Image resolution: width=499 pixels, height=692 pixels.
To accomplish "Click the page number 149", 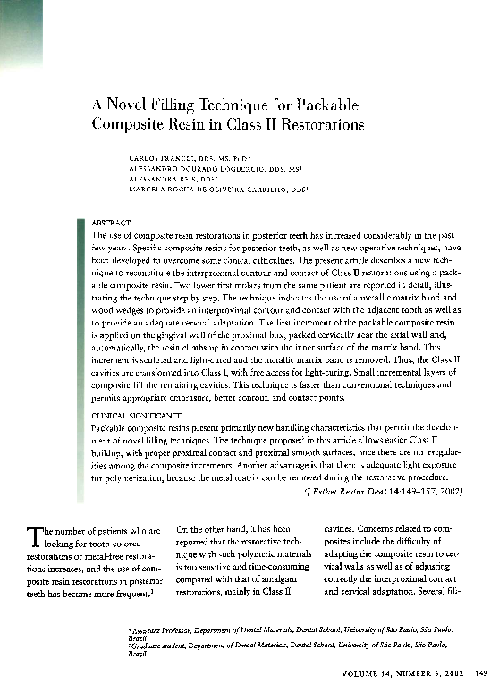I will tap(479, 675).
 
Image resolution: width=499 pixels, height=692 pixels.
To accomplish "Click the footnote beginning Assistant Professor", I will tap(295, 633).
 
